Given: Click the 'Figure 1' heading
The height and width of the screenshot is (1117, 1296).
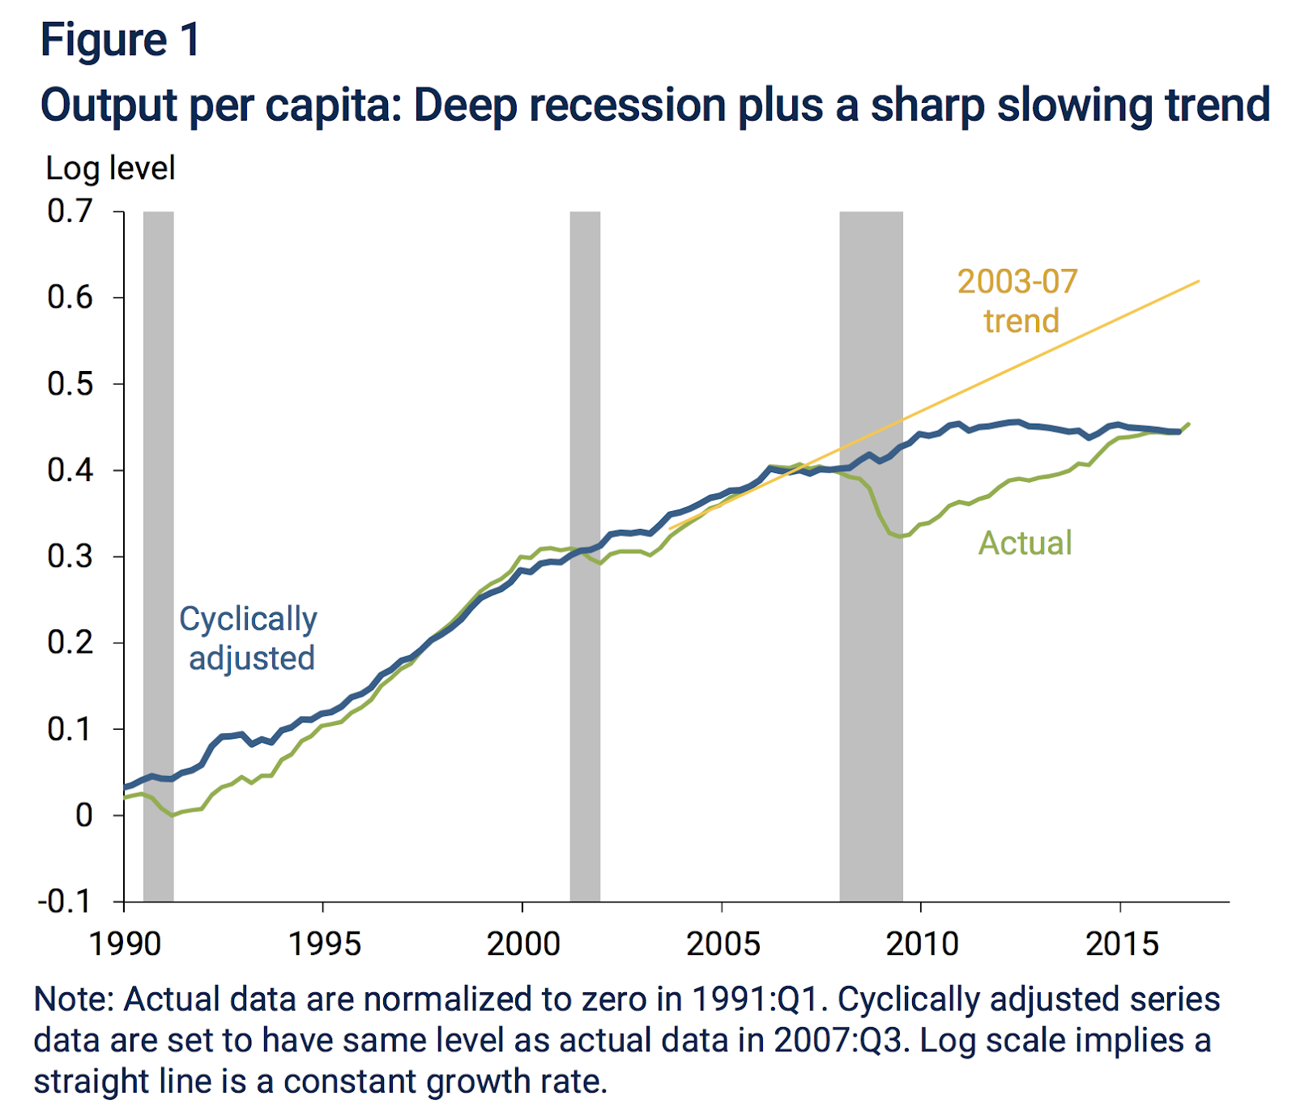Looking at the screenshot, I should (x=120, y=40).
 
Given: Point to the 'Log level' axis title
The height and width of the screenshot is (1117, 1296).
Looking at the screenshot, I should (x=110, y=168).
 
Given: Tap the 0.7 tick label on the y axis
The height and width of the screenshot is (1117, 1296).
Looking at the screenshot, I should (x=70, y=211).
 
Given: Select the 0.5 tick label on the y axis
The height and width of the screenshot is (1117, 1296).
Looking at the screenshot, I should (x=70, y=384).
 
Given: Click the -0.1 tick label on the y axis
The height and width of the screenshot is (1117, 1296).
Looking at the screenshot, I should (x=65, y=901).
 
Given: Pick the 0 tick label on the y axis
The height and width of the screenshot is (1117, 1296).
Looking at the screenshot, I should (x=84, y=815).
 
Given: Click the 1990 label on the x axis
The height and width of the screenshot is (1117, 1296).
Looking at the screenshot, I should (x=125, y=944).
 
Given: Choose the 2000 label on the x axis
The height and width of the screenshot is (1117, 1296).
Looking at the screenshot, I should (x=523, y=944).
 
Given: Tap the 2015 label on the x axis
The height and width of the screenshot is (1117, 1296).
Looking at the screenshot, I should (x=1122, y=944).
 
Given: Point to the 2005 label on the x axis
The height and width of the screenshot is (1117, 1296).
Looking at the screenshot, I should (x=723, y=944).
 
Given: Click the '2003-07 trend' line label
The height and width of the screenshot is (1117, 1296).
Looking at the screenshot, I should (x=1018, y=301).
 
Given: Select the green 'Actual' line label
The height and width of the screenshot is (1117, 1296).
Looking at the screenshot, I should (x=1025, y=543).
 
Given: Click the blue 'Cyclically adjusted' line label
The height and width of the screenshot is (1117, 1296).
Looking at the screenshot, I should (x=249, y=638).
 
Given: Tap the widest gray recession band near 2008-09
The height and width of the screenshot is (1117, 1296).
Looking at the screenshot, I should (x=871, y=648).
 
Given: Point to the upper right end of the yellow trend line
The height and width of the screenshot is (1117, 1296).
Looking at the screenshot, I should (x=1197, y=282).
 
